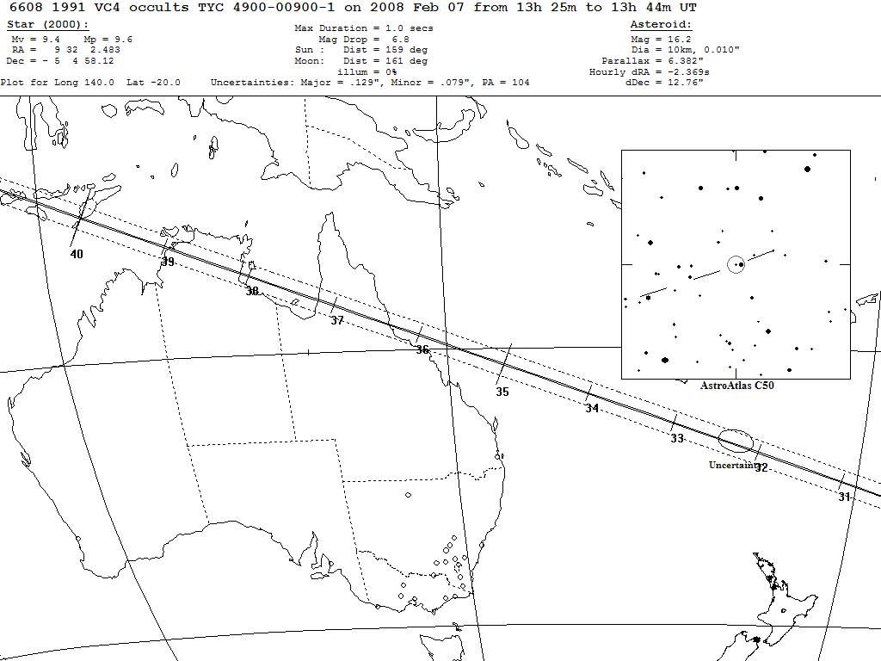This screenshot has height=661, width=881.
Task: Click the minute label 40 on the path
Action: [77, 254]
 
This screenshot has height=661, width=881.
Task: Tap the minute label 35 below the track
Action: [502, 392]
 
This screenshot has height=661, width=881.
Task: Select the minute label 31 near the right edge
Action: [844, 497]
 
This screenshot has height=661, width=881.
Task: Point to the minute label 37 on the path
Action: [337, 320]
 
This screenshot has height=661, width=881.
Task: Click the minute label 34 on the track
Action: [592, 409]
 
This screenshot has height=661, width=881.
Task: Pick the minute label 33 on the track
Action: [677, 439]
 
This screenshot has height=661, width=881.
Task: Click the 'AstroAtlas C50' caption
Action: [737, 386]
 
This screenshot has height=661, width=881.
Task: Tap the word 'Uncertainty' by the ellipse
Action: [732, 465]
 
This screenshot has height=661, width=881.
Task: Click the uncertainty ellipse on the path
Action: [736, 441]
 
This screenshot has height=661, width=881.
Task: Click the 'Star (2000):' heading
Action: [47, 24]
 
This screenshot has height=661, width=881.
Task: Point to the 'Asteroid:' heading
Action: [661, 24]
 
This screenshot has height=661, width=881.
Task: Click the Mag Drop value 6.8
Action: [400, 40]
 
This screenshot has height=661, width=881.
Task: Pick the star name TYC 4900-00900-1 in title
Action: [268, 7]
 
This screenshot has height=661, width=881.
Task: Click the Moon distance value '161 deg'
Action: [405, 61]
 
